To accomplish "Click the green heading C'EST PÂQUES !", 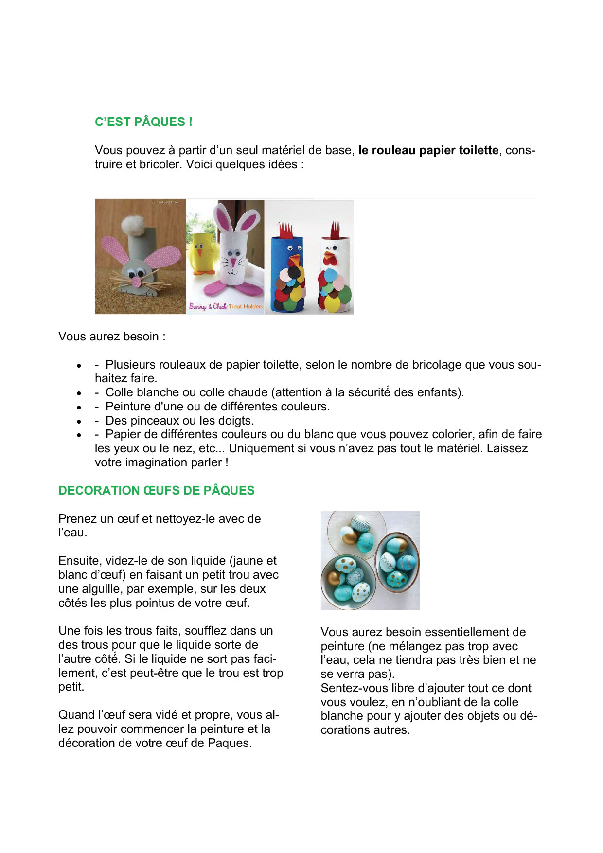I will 143,122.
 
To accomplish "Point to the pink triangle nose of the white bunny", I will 233,263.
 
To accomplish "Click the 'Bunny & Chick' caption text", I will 208,306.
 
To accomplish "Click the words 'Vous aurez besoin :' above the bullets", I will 112,337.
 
